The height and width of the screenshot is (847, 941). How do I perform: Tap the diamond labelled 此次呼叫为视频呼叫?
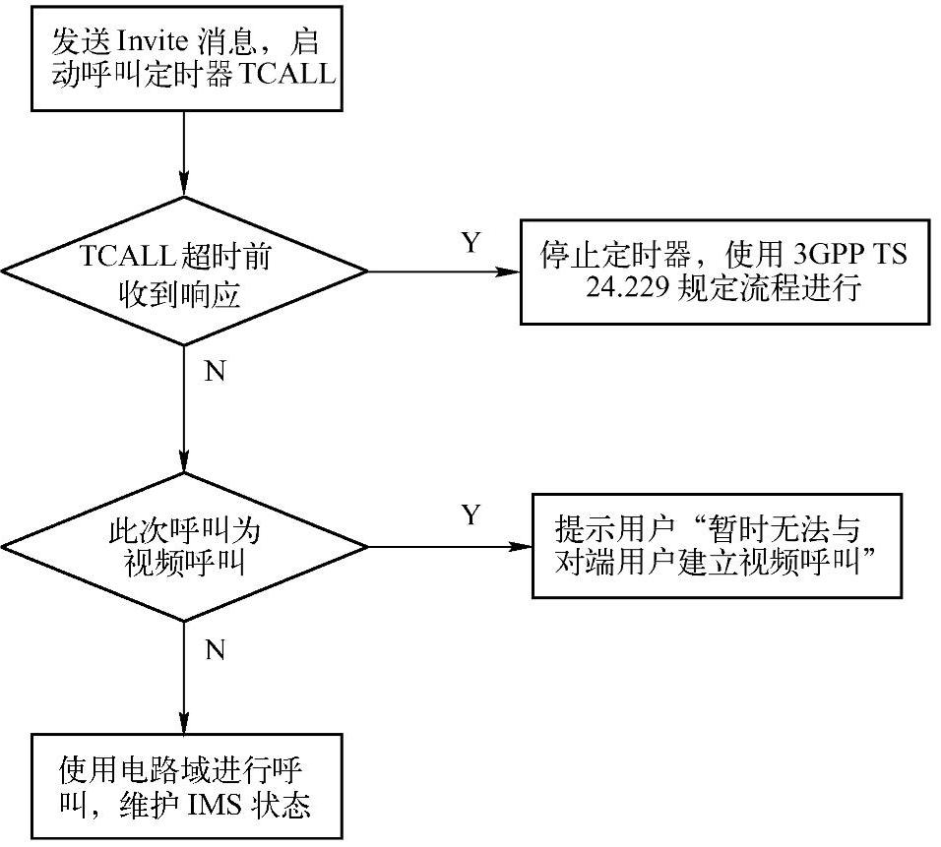(184, 546)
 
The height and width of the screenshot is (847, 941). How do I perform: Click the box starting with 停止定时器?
(722, 272)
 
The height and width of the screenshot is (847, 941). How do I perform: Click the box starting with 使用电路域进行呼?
(184, 787)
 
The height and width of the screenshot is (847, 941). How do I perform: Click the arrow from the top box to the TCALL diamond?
(184, 152)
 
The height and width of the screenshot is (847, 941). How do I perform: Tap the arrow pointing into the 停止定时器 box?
(443, 272)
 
